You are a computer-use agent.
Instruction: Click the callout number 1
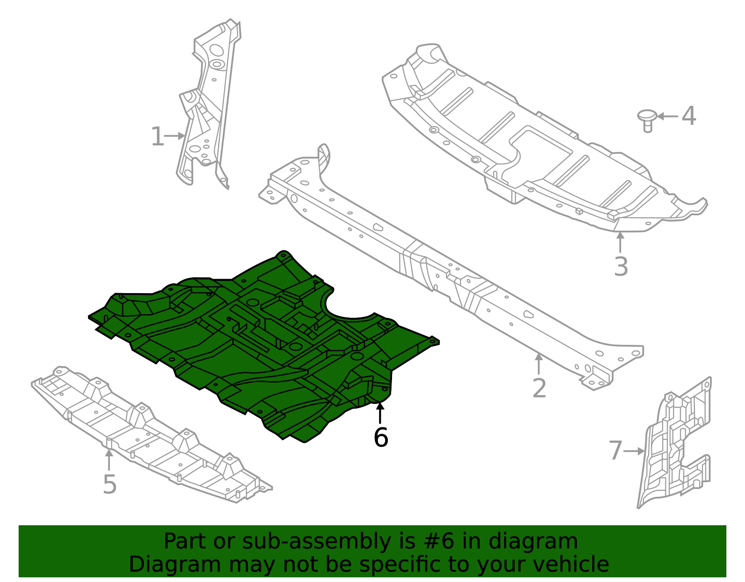(x=157, y=137)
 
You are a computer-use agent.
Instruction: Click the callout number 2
(x=539, y=388)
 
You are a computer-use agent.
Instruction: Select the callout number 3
(x=621, y=267)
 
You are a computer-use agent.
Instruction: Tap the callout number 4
(x=689, y=116)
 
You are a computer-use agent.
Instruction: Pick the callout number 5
(x=109, y=484)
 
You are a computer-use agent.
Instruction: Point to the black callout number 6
(x=380, y=438)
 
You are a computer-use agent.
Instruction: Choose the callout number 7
(x=615, y=451)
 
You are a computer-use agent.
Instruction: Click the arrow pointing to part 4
(x=667, y=116)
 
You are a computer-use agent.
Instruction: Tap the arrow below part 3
(x=620, y=242)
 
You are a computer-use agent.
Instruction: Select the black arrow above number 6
(x=380, y=413)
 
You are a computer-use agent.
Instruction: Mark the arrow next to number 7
(x=634, y=451)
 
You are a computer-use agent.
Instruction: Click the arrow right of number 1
(x=176, y=136)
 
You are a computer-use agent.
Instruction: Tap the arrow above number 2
(x=539, y=364)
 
